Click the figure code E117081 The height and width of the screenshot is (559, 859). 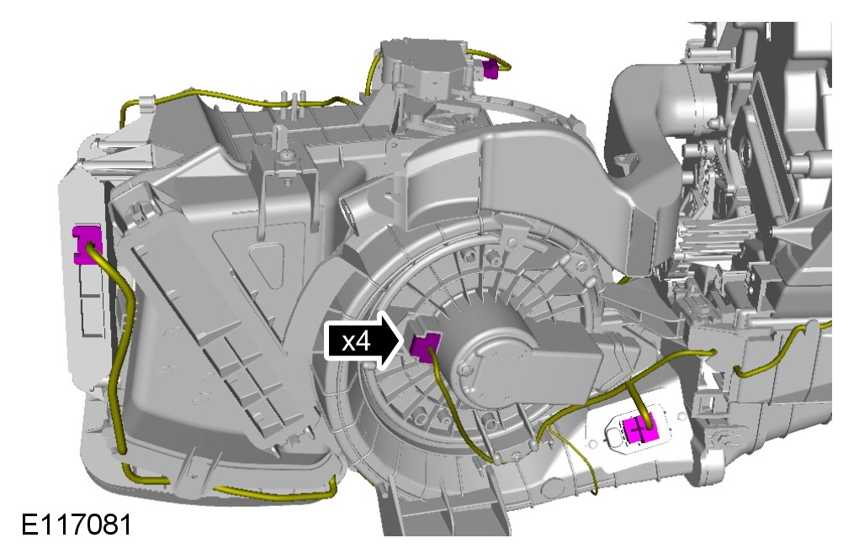tap(77, 525)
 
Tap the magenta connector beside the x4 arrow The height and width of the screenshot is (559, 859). tap(425, 346)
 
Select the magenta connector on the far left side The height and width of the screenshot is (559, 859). tap(87, 244)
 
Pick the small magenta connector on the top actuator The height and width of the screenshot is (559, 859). tap(491, 68)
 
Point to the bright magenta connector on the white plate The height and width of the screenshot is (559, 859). tap(641, 430)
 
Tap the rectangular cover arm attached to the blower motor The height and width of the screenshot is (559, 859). tap(565, 361)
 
